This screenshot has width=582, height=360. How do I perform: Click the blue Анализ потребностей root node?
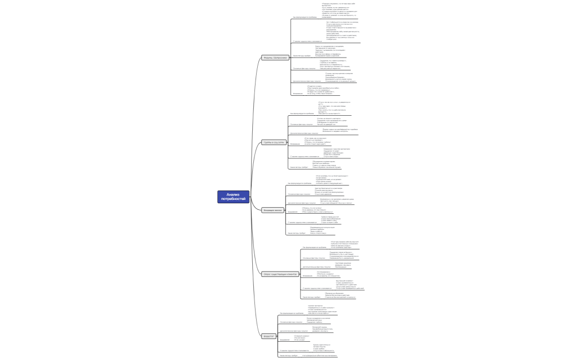tap(233, 197)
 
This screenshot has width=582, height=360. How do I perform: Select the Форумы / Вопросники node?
tap(275, 58)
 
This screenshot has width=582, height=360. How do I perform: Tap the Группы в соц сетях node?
tap(273, 142)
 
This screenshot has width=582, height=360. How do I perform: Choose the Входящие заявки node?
tap(273, 210)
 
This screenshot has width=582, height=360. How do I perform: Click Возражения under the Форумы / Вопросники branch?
tap(298, 94)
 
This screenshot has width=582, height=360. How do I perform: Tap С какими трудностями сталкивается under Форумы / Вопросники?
tap(307, 42)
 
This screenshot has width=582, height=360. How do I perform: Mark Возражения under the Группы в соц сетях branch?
tap(295, 144)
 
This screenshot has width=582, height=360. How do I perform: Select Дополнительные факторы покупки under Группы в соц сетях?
tap(304, 133)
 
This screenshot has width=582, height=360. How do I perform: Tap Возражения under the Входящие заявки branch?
tap(293, 212)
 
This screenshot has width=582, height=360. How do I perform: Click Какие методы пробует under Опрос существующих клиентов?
tap(312, 297)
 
